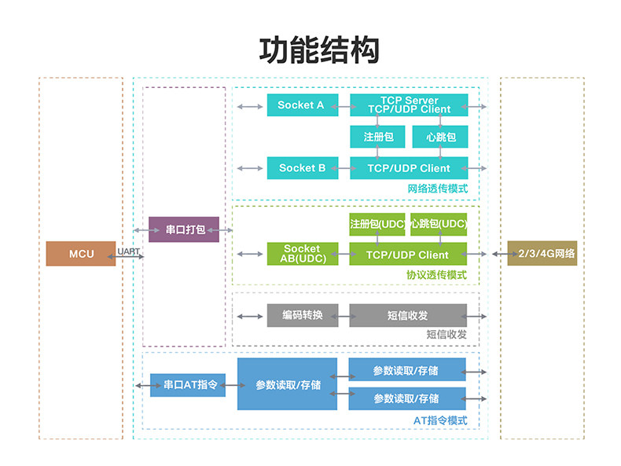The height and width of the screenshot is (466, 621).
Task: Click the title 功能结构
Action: (x=319, y=50)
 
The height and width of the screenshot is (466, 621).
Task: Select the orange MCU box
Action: (x=81, y=253)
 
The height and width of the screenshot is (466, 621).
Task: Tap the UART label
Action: (x=128, y=251)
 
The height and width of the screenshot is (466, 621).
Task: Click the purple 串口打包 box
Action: (x=184, y=229)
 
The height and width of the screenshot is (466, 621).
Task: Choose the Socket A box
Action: (x=303, y=105)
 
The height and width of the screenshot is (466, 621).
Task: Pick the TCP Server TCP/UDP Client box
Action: (x=409, y=105)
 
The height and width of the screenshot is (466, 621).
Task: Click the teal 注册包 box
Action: (x=377, y=137)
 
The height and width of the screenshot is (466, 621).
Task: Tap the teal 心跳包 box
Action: (x=440, y=137)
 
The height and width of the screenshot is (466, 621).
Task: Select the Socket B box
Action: (x=303, y=168)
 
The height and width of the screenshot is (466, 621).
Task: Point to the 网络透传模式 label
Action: (x=438, y=189)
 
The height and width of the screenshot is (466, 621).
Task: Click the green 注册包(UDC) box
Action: (x=377, y=225)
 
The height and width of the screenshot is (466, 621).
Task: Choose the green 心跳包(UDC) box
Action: (x=439, y=225)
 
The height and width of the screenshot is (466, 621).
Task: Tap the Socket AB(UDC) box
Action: (x=303, y=254)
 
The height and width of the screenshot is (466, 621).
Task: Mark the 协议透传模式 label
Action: (x=436, y=275)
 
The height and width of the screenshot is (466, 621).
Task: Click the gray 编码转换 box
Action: (x=303, y=315)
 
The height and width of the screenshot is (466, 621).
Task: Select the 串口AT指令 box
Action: (x=188, y=385)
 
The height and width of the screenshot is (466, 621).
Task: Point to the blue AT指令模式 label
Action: (x=440, y=420)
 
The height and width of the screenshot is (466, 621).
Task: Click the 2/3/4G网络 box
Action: (x=542, y=253)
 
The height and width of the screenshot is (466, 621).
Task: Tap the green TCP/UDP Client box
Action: (x=408, y=254)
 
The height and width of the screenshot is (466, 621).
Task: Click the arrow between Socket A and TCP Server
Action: (x=344, y=107)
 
